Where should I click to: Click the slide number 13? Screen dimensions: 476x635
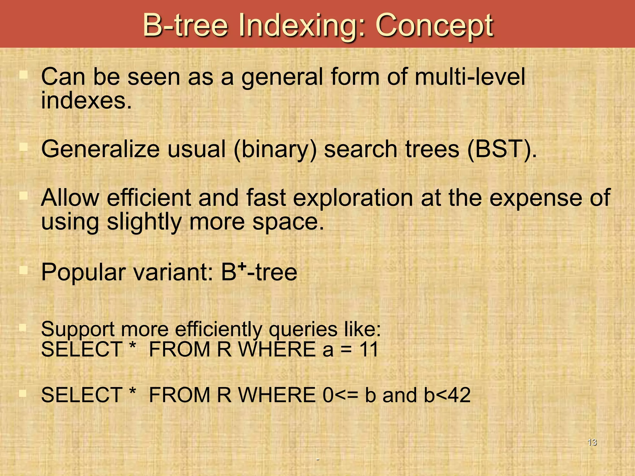(x=592, y=442)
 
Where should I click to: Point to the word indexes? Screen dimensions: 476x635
(x=86, y=101)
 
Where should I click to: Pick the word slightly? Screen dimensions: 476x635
(x=144, y=222)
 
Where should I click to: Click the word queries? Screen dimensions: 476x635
(x=303, y=330)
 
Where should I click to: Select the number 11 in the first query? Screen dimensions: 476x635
(x=369, y=350)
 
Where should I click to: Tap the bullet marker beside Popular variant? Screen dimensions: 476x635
(x=24, y=270)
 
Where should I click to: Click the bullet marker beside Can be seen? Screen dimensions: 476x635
(x=24, y=74)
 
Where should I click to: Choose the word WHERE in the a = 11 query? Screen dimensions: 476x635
(x=277, y=350)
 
